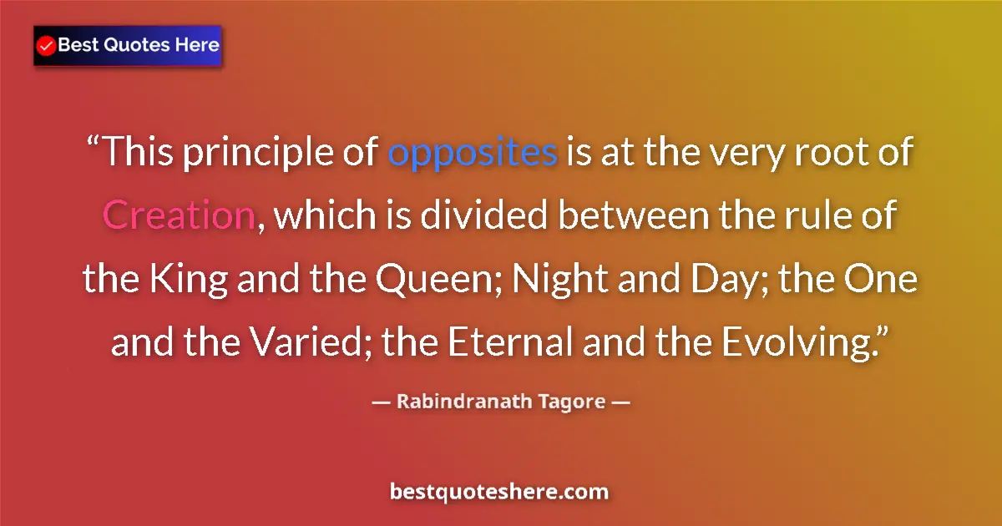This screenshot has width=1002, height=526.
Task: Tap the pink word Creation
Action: tap(178, 216)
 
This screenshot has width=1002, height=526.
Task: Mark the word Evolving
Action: tap(805, 342)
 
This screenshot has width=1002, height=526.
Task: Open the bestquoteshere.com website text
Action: tap(499, 492)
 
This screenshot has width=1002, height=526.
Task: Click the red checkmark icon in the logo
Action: tap(47, 46)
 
